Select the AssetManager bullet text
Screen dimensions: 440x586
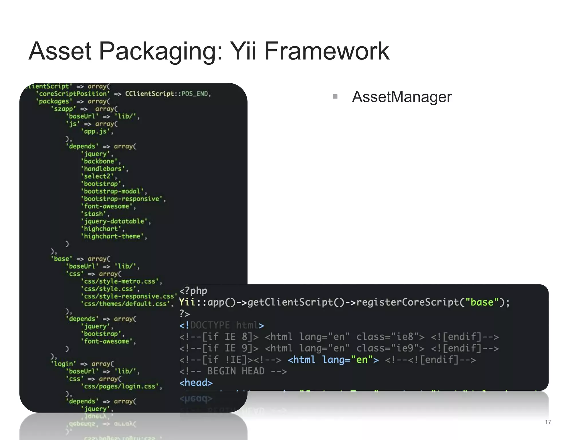pyautogui.click(x=402, y=97)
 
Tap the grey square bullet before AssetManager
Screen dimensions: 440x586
pyautogui.click(x=335, y=96)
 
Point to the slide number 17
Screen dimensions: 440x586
pyautogui.click(x=548, y=422)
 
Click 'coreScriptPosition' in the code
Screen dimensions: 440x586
pyautogui.click(x=73, y=94)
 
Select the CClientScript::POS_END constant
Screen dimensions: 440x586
pyautogui.click(x=168, y=94)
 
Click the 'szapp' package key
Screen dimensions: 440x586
pyautogui.click(x=64, y=109)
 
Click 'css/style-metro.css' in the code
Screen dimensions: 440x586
pyautogui.click(x=121, y=281)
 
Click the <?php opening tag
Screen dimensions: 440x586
pyautogui.click(x=193, y=291)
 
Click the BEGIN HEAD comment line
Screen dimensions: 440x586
pyautogui.click(x=233, y=371)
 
